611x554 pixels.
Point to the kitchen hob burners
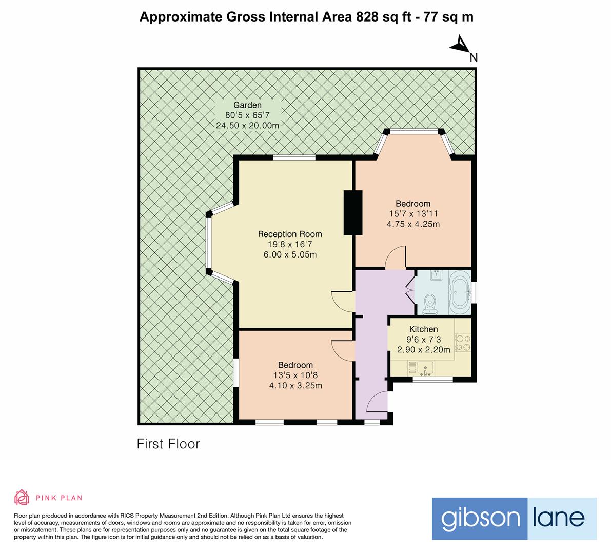click(x=463, y=343)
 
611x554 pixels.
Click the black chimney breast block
click(x=353, y=213)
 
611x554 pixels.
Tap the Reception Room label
click(x=290, y=234)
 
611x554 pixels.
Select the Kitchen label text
click(x=423, y=329)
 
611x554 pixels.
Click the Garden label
click(x=247, y=105)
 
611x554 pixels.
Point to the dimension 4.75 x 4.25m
click(x=413, y=224)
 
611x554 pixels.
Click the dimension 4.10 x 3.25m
click(x=296, y=386)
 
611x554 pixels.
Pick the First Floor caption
click(x=168, y=444)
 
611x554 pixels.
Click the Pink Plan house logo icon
click(x=22, y=497)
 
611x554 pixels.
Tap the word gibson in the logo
click(x=481, y=519)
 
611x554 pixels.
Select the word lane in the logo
click(x=558, y=518)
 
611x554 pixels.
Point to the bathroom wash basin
click(x=436, y=275)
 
